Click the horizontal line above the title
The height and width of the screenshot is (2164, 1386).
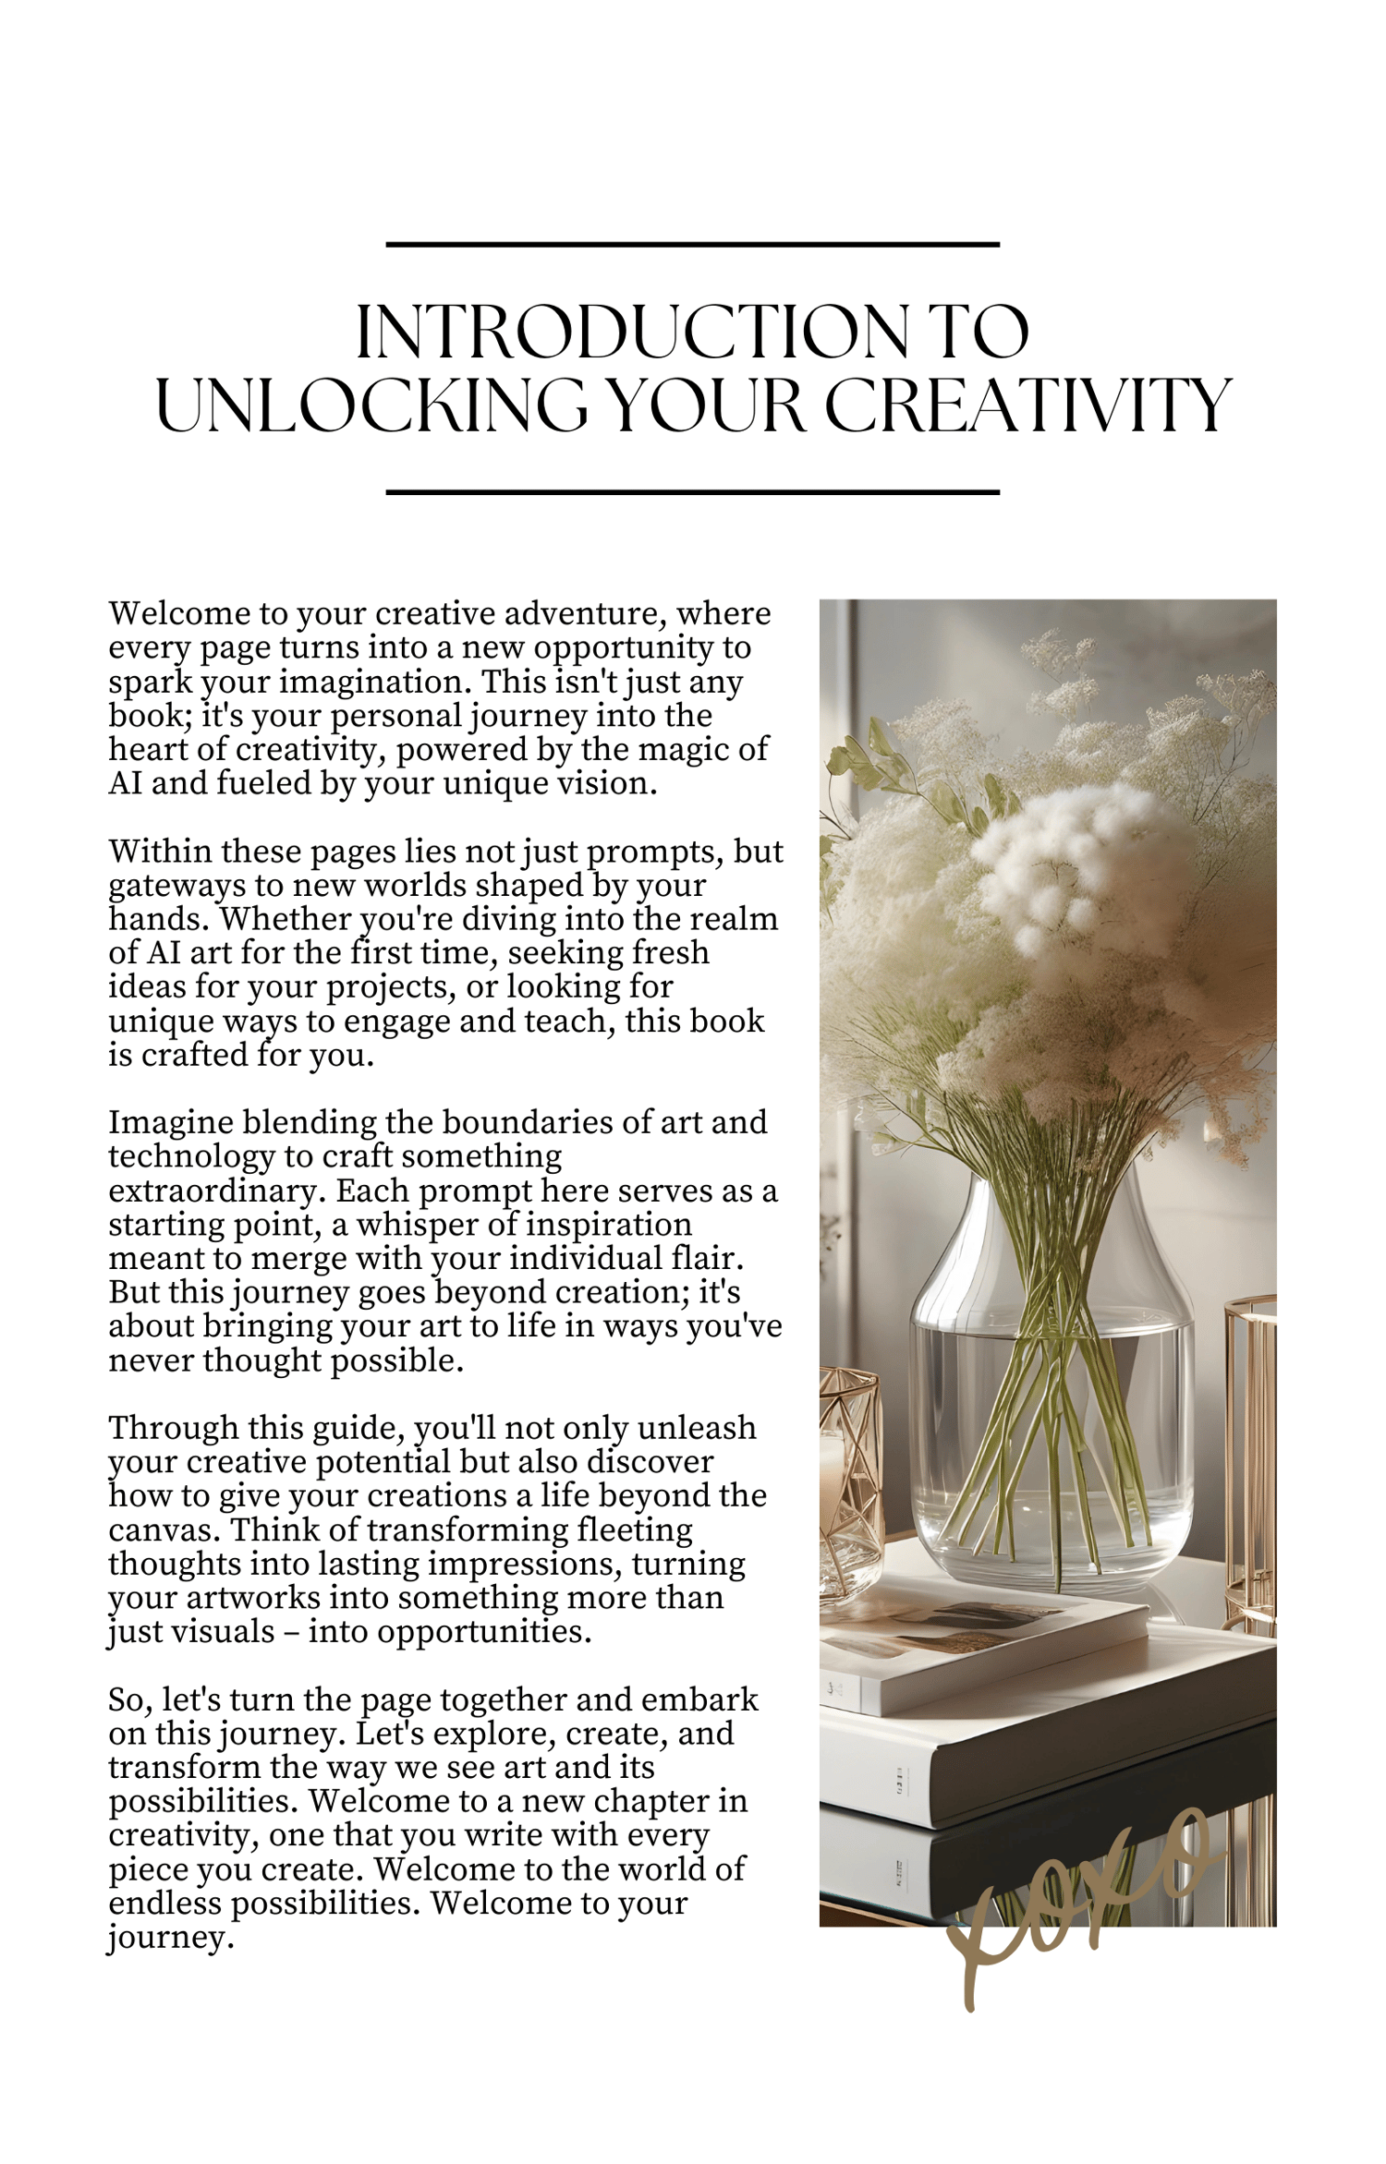pos(692,245)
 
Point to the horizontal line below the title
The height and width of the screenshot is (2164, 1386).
pos(692,492)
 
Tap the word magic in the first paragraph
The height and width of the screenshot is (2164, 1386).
pos(670,749)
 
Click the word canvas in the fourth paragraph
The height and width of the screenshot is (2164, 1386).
pos(163,1529)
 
